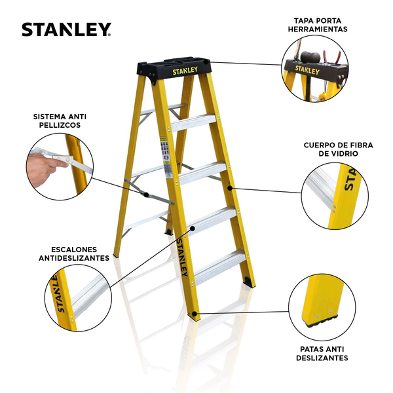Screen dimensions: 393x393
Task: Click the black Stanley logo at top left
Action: pos(66,29)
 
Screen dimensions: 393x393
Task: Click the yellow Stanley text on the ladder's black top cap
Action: pos(185,71)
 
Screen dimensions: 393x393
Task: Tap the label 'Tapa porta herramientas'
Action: pos(318,25)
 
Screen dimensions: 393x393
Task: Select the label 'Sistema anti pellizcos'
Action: pos(60,121)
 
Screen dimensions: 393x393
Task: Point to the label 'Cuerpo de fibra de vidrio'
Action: pos(338,149)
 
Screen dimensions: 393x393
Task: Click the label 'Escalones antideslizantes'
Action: pos(74,253)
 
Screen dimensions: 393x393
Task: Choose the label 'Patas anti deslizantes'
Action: pos(322,354)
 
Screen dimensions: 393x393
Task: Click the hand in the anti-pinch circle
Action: pos(45,170)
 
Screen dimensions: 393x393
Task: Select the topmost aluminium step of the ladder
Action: pos(193,122)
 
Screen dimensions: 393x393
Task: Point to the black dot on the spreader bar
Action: pos(146,195)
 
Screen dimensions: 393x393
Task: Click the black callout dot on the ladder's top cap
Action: pos(206,62)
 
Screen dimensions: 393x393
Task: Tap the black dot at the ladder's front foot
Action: pos(195,314)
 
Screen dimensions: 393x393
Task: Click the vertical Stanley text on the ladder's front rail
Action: pos(182,257)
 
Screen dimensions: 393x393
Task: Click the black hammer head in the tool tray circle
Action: pos(310,57)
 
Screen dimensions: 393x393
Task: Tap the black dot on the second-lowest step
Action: pos(193,228)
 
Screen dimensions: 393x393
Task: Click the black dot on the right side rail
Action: pos(229,188)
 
